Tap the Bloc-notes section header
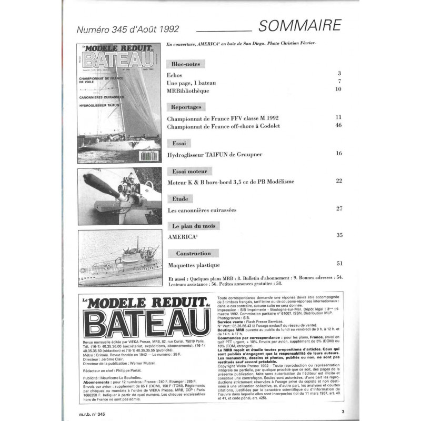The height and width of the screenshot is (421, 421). (184, 64)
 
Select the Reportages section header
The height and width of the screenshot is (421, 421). (185, 106)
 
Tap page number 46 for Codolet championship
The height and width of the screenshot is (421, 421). (338, 126)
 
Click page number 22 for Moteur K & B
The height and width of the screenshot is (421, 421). (338, 181)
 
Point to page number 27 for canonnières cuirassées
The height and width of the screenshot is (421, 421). (338, 209)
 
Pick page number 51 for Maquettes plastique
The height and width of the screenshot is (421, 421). (338, 263)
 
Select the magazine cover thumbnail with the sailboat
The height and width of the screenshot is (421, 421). (119, 103)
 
